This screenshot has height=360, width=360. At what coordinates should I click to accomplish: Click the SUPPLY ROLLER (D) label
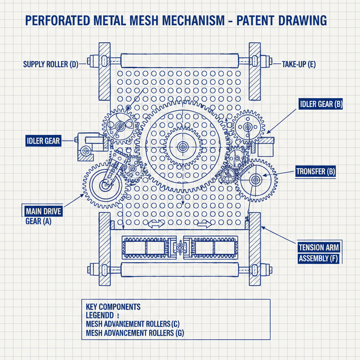pyautogui.click(x=50, y=64)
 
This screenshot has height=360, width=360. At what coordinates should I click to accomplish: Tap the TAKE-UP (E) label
pyautogui.click(x=298, y=64)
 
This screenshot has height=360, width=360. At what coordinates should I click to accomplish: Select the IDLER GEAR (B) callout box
pyautogui.click(x=321, y=104)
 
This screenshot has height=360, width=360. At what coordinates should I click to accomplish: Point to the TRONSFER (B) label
pyautogui.click(x=316, y=172)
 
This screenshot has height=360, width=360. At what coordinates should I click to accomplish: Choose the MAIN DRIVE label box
pyautogui.click(x=43, y=212)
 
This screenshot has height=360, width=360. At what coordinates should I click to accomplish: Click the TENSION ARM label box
pyautogui.click(x=318, y=247)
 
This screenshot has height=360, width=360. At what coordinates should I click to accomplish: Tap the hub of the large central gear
pyautogui.click(x=183, y=147)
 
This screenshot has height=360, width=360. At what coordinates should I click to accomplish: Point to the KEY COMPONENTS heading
pyautogui.click(x=113, y=307)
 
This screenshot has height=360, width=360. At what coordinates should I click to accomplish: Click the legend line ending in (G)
pyautogui.click(x=135, y=333)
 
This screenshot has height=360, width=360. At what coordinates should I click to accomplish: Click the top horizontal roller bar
pyautogui.click(x=180, y=60)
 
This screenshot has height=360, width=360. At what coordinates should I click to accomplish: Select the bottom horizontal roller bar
pyautogui.click(x=180, y=269)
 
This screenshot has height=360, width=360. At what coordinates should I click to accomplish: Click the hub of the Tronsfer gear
pyautogui.click(x=255, y=180)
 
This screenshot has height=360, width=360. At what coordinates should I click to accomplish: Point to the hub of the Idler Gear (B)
pyautogui.click(x=247, y=128)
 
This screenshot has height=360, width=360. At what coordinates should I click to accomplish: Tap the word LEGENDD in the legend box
pyautogui.click(x=100, y=315)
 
